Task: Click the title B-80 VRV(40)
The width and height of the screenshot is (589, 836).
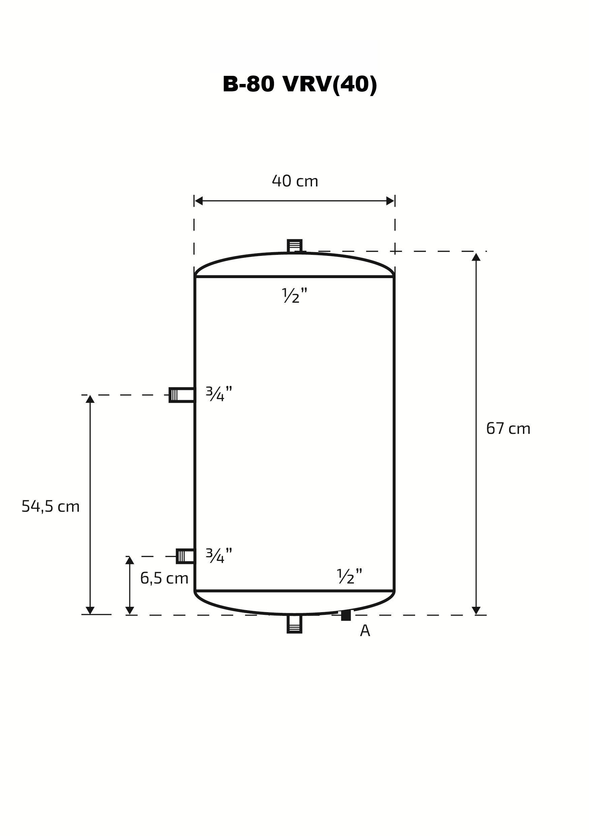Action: coord(300,85)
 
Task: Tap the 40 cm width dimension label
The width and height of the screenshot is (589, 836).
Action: coord(295,181)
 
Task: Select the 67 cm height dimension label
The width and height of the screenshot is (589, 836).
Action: coord(508,428)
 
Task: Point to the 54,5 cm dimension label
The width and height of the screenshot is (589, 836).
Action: coord(51,506)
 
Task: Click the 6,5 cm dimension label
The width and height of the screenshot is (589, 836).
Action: coord(164,578)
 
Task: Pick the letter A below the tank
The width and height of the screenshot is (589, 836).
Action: coord(365,631)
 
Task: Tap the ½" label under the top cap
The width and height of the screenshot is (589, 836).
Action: coord(294,295)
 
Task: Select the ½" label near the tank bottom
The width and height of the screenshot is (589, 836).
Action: coord(349,576)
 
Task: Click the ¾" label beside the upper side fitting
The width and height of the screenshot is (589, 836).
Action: coord(219,394)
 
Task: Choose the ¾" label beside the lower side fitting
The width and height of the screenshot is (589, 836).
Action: coord(219,556)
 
